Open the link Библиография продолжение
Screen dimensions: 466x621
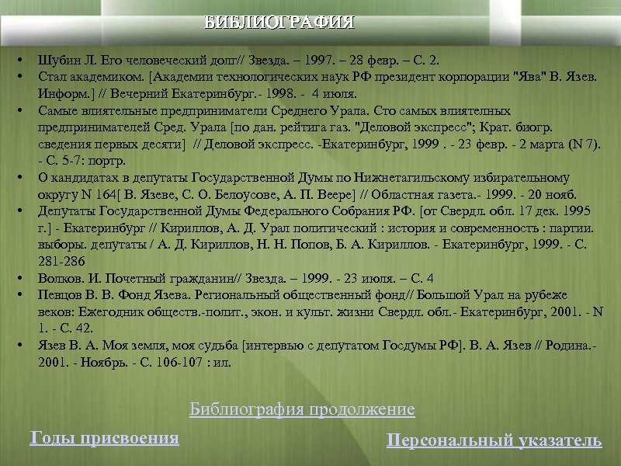pyautogui.click(x=302, y=409)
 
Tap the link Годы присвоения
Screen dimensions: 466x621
pyautogui.click(x=104, y=438)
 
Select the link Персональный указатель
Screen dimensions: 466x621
pyautogui.click(x=494, y=441)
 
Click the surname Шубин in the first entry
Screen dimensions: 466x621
pyautogui.click(x=56, y=60)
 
